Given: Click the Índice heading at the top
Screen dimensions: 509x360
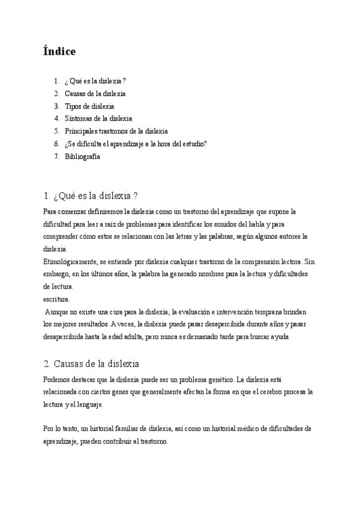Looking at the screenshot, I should click(59, 52).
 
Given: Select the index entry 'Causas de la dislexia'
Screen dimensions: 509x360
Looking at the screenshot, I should click(95, 93).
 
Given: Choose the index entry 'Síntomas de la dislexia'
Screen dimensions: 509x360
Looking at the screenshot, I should click(98, 118).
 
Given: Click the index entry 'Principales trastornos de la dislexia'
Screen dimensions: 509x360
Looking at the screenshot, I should click(116, 131).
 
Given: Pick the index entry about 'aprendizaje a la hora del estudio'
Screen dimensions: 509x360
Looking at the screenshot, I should click(136, 143).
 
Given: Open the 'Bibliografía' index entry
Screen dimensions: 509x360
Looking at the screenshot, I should click(82, 156).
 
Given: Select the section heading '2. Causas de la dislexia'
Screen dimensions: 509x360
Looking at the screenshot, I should click(91, 363).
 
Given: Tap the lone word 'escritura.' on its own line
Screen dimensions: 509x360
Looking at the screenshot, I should click(56, 298).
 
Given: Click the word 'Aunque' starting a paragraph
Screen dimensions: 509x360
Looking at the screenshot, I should click(58, 312).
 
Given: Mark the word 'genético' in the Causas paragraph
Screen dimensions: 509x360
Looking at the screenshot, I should click(218, 379).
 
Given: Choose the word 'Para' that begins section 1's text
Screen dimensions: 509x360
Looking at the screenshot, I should click(50, 211).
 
